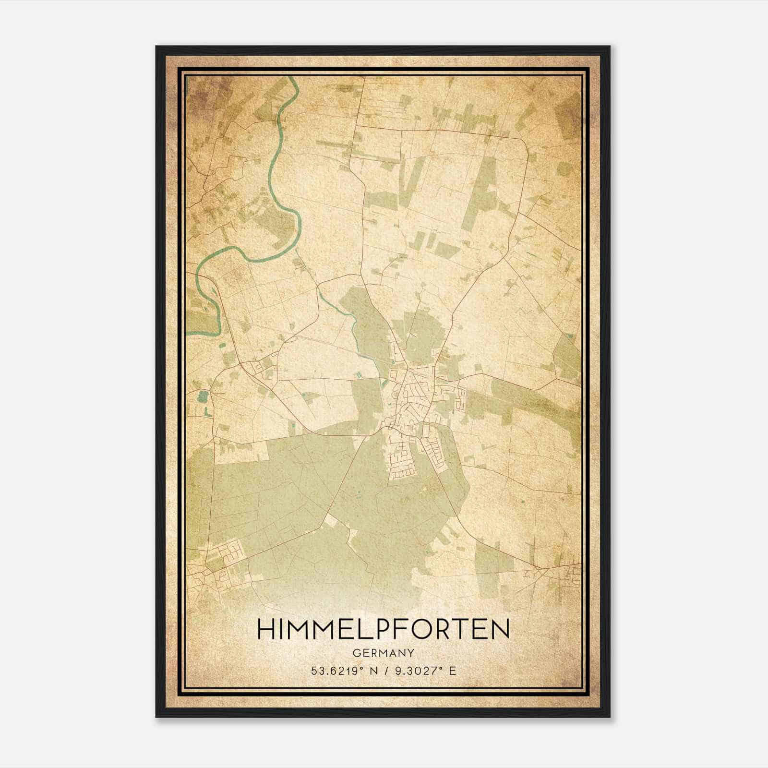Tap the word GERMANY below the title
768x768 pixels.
coord(383,653)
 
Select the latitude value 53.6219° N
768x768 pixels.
coord(343,671)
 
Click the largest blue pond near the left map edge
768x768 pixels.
coord(202,396)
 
